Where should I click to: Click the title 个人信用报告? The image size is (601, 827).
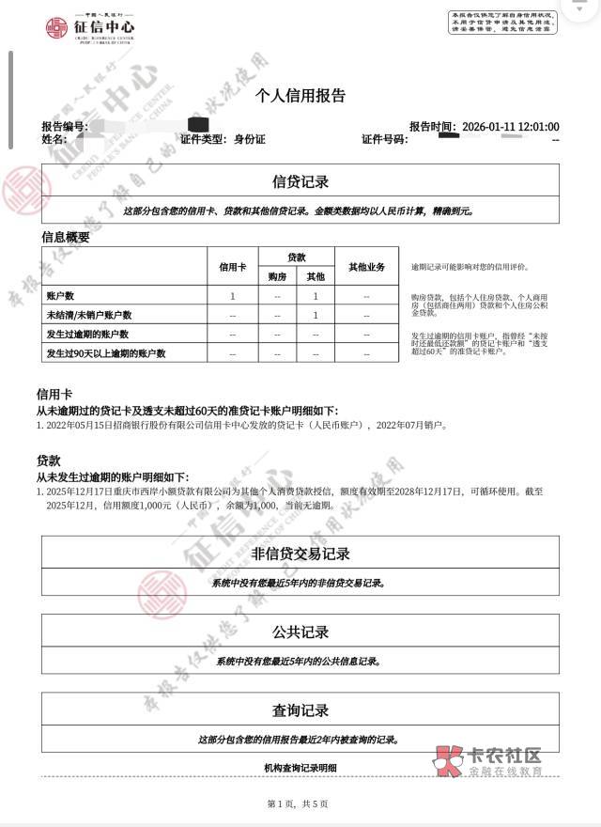[300, 95]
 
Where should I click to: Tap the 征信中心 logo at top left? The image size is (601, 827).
[90, 29]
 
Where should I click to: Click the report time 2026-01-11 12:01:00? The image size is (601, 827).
[509, 126]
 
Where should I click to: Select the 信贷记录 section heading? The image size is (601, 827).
[300, 182]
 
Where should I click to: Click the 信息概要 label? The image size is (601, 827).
[66, 238]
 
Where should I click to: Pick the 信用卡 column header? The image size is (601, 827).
[233, 267]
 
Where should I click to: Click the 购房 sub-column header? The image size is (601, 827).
[277, 277]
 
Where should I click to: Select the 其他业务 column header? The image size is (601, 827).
[366, 267]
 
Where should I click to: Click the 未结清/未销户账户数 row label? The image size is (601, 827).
[89, 315]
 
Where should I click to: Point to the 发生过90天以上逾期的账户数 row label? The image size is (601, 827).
[105, 353]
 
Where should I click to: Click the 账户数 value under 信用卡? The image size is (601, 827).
[233, 296]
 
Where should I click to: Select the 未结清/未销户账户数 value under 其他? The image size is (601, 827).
[316, 315]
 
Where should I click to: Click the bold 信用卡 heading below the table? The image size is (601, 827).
[54, 395]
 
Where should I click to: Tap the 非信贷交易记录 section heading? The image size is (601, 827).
[300, 554]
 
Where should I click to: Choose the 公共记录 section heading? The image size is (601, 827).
[300, 632]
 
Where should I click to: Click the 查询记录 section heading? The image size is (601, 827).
[300, 710]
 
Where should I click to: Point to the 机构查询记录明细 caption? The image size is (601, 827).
[300, 769]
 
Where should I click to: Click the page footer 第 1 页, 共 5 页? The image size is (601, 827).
[298, 804]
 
